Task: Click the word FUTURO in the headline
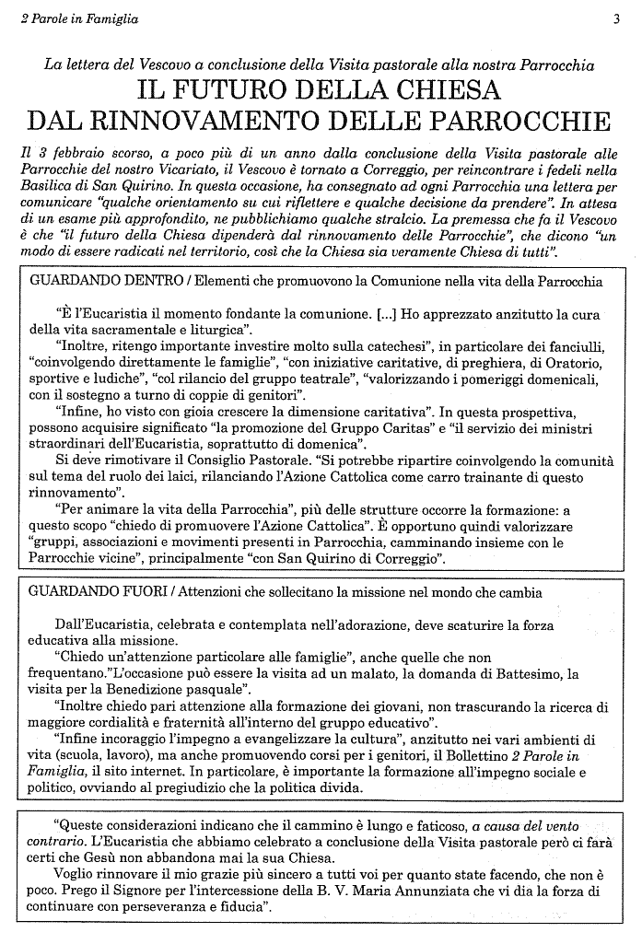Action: [243, 91]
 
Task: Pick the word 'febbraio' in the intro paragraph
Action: [76, 153]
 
